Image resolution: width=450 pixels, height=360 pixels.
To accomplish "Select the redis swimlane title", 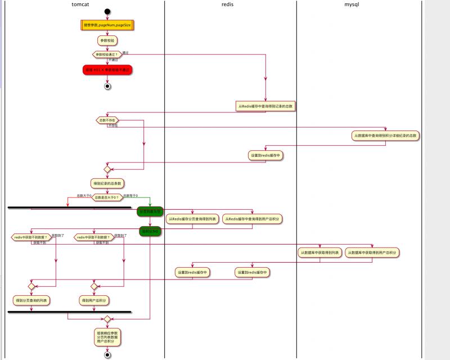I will (x=228, y=4).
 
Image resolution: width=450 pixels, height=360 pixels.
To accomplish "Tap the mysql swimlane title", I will (x=352, y=4).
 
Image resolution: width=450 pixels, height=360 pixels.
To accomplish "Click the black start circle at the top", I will (x=107, y=11).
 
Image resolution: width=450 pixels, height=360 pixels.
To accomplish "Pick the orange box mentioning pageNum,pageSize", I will (x=107, y=25).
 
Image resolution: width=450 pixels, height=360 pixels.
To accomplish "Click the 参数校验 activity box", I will (x=107, y=40).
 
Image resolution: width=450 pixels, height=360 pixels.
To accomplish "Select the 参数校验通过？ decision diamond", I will (x=107, y=55).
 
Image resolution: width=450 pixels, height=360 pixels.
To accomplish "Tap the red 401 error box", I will (x=107, y=69).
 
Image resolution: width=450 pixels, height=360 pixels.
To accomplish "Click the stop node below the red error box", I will (x=107, y=86).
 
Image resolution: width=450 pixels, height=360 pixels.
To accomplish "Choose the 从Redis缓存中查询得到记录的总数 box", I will (x=265, y=106).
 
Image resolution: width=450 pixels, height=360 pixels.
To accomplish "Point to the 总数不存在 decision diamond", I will (x=107, y=120).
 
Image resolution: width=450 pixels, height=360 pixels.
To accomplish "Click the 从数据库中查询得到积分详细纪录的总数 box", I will (x=386, y=136).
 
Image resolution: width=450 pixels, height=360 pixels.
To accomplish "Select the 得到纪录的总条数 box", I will (x=107, y=183).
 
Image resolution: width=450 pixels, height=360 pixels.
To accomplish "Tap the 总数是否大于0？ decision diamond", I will (x=107, y=197).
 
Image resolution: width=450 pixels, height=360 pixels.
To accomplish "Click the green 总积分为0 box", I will (x=150, y=231).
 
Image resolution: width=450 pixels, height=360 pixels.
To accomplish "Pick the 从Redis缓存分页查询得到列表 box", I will (x=191, y=218).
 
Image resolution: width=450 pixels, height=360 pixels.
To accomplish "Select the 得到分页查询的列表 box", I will (x=31, y=300).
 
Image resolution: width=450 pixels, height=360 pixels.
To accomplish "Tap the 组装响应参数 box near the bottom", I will (x=107, y=337).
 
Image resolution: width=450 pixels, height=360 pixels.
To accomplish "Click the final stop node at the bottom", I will (x=107, y=355).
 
